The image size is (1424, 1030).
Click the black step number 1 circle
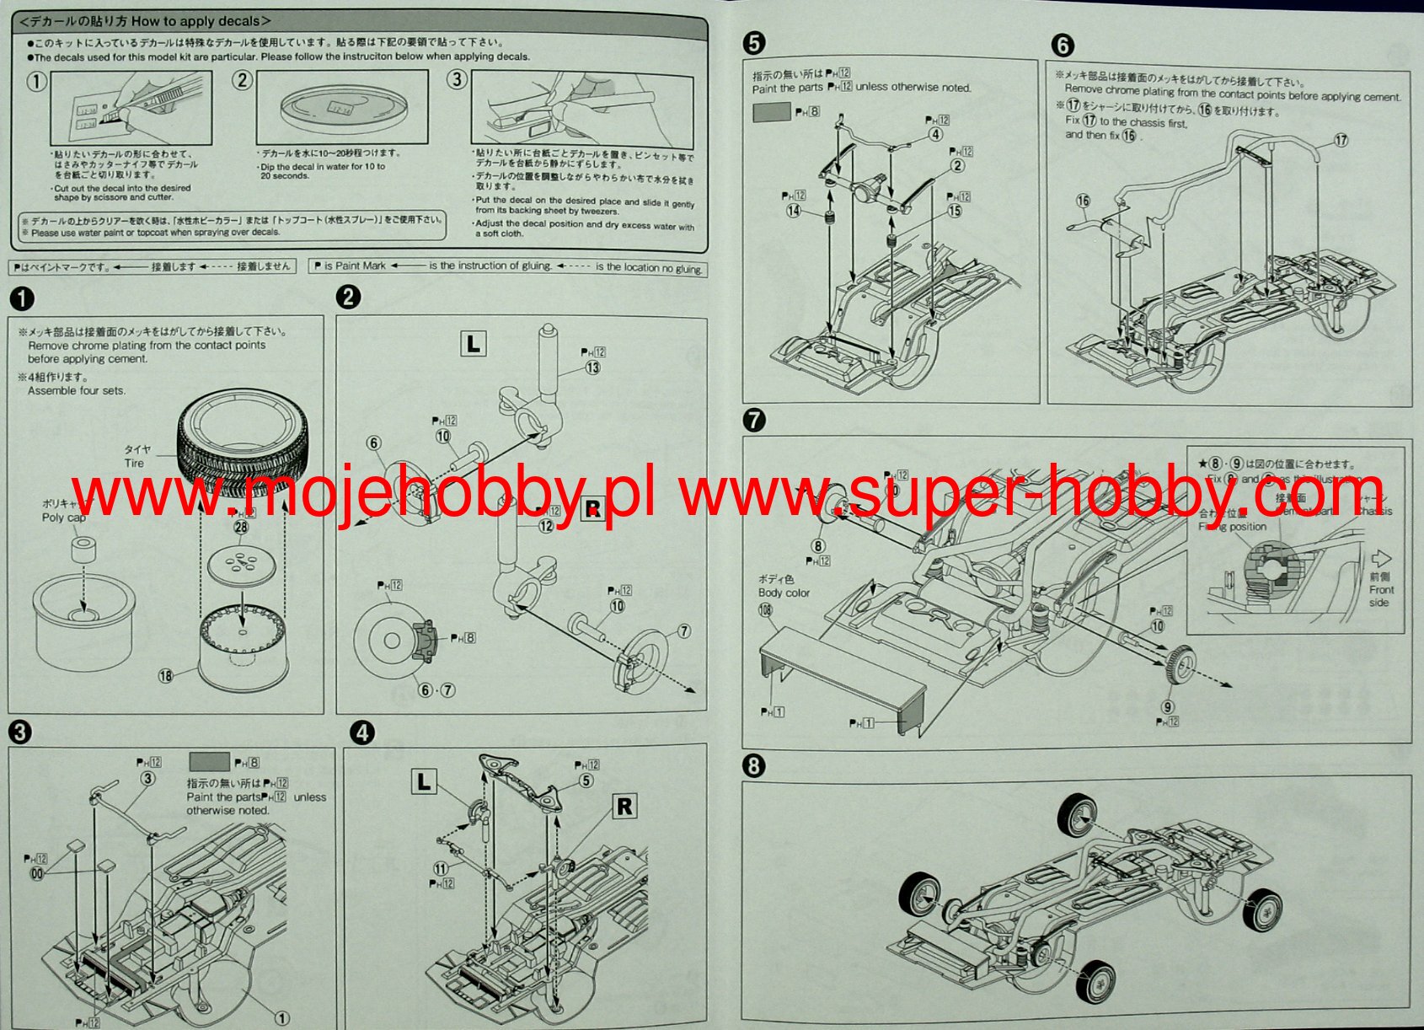(22, 298)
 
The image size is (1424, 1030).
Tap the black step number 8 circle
(754, 765)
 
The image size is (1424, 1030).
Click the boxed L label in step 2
(474, 343)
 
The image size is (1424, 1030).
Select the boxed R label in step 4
(624, 807)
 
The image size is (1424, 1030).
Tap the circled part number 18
(165, 675)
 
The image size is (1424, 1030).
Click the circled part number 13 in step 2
(592, 367)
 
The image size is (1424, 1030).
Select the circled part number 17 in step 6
(1340, 140)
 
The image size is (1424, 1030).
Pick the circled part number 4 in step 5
(935, 134)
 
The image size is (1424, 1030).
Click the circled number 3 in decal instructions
(457, 80)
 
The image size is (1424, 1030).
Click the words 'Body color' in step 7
(784, 593)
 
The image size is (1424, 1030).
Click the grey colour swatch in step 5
(771, 111)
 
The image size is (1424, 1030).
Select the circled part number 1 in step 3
(282, 1018)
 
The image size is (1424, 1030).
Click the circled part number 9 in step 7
(1167, 707)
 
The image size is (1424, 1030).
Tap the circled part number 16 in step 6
(1083, 201)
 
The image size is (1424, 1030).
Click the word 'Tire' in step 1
(134, 463)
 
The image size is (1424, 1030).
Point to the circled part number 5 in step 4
(586, 781)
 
